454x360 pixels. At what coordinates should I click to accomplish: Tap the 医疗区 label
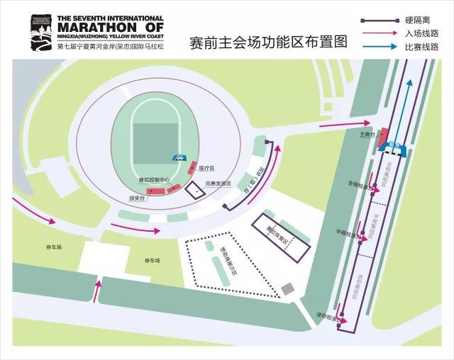coord(206,168)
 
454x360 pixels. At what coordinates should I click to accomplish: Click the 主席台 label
coord(366,133)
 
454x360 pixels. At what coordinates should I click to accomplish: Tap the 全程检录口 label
coord(357,184)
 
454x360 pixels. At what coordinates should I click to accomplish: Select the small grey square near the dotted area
coord(286,288)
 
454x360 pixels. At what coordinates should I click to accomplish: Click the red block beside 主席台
coord(382,136)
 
